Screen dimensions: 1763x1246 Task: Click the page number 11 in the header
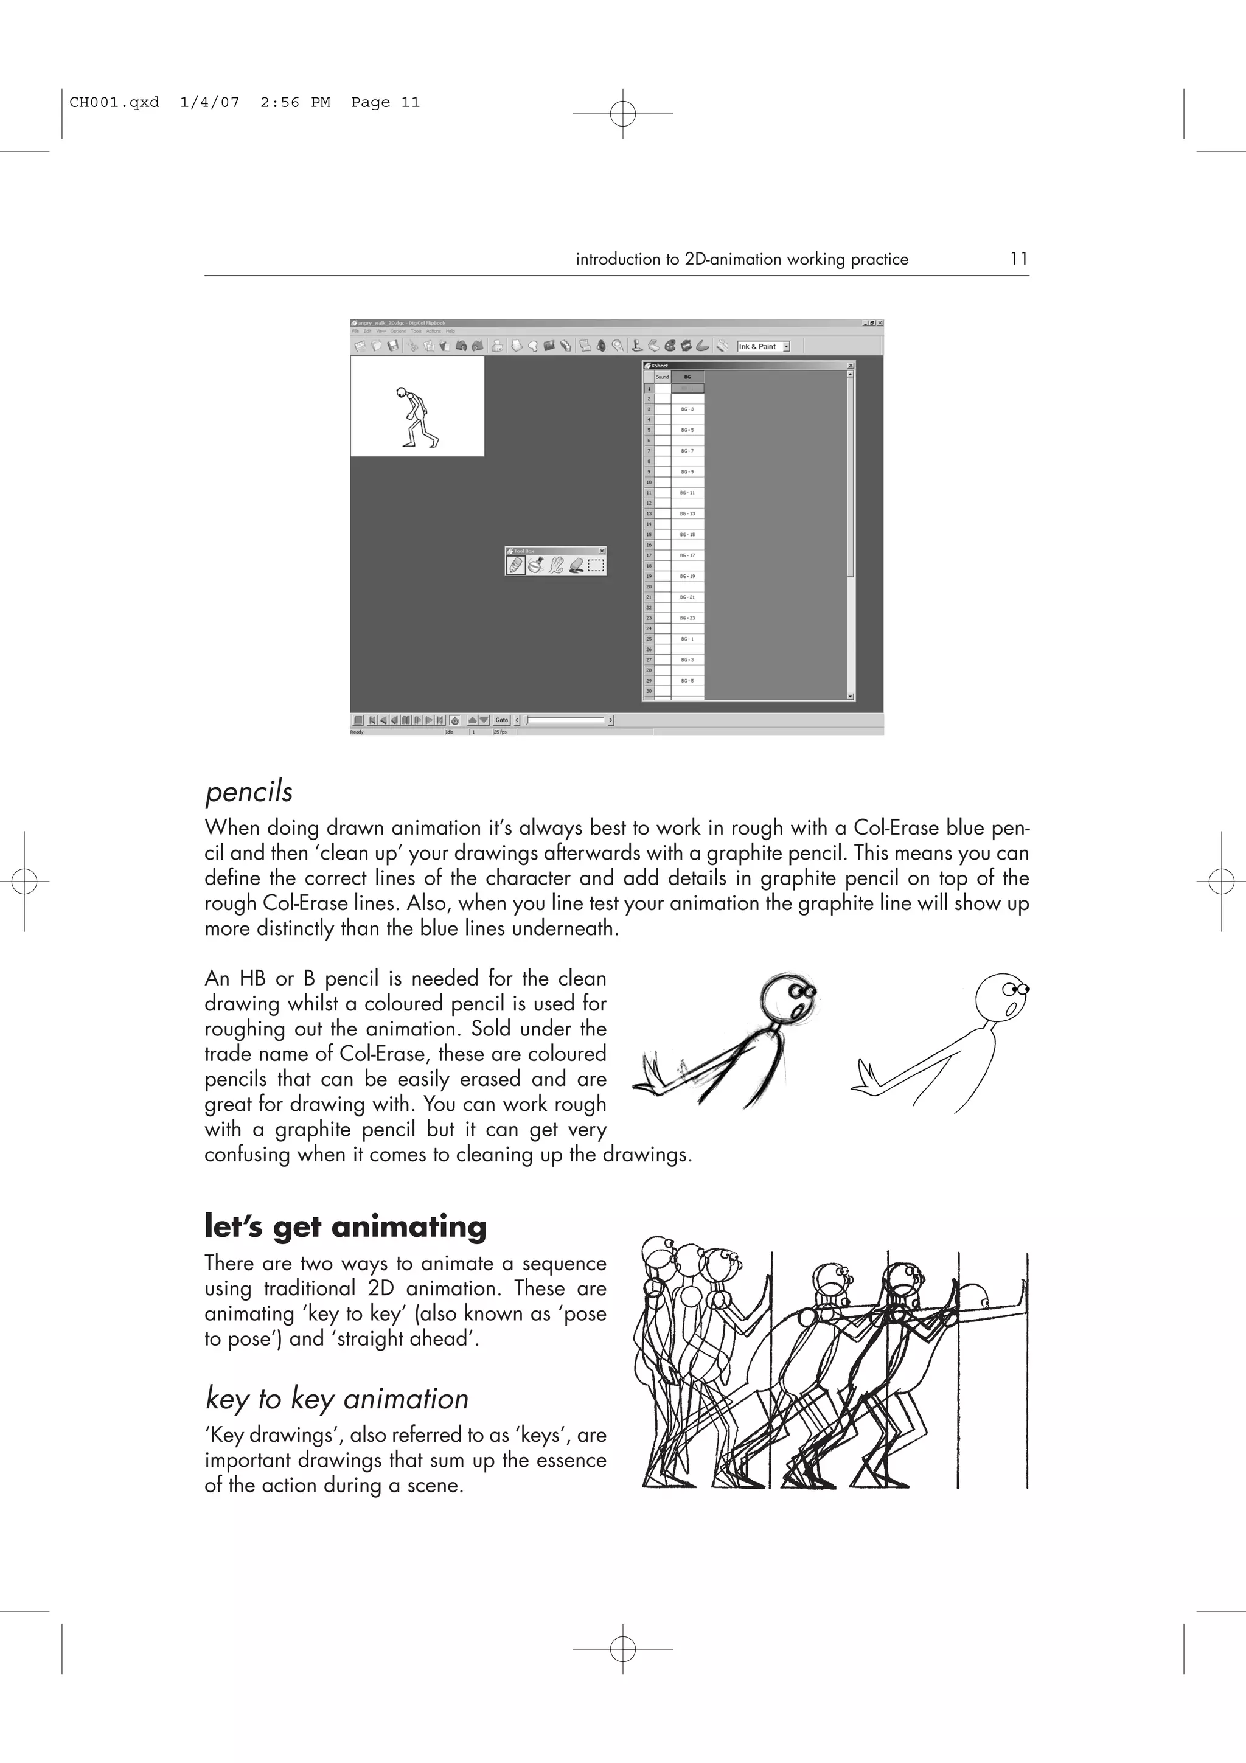1018,259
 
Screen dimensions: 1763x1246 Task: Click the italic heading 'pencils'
249,791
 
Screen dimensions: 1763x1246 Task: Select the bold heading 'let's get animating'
346,1226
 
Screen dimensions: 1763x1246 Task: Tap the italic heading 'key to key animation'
337,1399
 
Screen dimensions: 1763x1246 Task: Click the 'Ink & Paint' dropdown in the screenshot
763,346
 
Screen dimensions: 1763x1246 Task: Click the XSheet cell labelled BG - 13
687,513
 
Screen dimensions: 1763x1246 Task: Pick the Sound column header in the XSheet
662,377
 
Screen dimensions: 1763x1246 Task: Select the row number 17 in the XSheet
649,555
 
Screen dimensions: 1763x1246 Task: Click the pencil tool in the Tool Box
515,565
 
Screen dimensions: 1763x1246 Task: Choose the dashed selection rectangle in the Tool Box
596,566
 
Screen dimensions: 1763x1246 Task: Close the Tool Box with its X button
602,551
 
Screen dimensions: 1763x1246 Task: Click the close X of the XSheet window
850,366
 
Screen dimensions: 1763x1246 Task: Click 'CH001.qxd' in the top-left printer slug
114,102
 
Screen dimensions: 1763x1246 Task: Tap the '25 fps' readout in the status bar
499,732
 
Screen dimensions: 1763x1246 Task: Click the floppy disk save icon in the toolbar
393,346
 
